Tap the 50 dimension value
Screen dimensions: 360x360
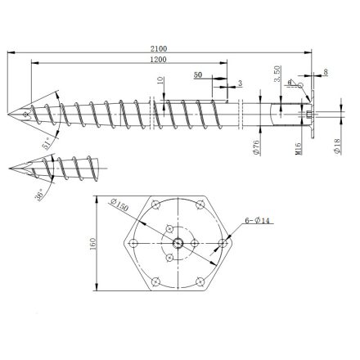click(199, 74)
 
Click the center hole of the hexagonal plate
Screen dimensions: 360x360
click(177, 242)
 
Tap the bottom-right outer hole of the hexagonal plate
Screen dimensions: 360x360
click(201, 284)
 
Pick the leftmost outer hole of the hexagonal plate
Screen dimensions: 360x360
click(130, 243)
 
